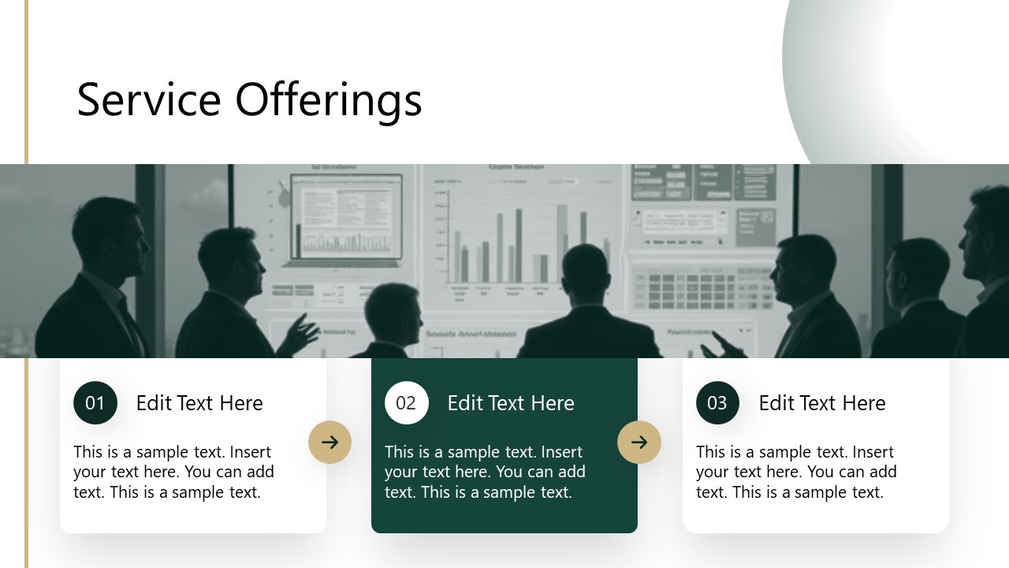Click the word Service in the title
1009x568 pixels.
click(149, 100)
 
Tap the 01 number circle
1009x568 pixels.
click(95, 403)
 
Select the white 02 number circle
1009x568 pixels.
click(406, 403)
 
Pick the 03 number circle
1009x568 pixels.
click(717, 403)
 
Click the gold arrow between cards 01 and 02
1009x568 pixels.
click(330, 442)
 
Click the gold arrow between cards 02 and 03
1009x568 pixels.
click(639, 442)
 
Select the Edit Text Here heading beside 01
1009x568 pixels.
click(199, 403)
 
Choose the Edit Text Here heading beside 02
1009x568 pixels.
click(511, 403)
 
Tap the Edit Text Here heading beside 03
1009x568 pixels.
click(822, 403)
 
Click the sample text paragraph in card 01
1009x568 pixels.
click(174, 472)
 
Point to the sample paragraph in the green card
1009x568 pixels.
click(486, 472)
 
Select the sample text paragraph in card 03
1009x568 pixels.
click(797, 472)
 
